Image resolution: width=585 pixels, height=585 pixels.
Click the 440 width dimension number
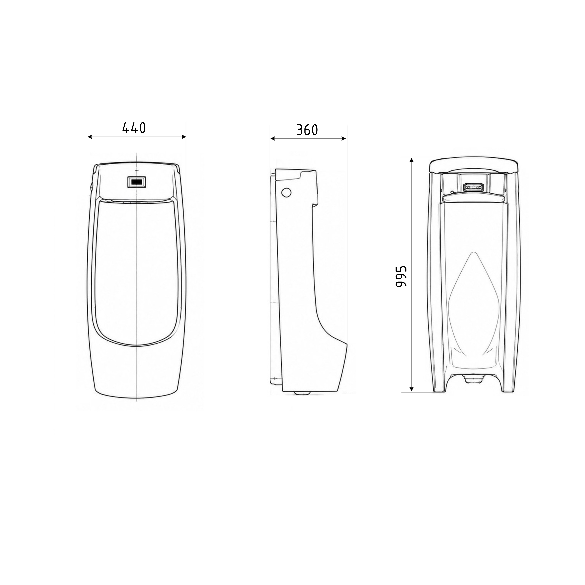pos(134,128)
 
